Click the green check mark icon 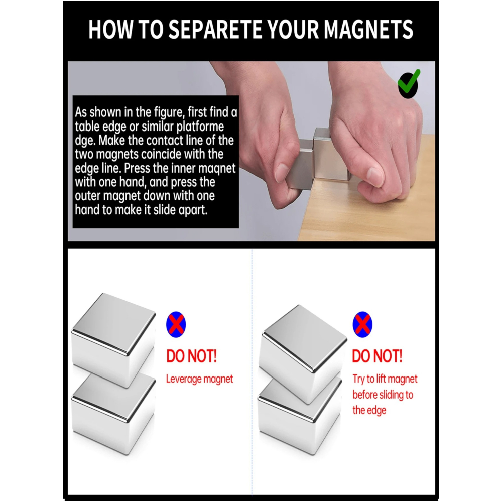coord(409,84)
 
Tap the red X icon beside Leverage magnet coord(176,324)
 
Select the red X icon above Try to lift coord(362,324)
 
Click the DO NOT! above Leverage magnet coord(191,356)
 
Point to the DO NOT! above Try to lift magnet coord(377,356)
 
